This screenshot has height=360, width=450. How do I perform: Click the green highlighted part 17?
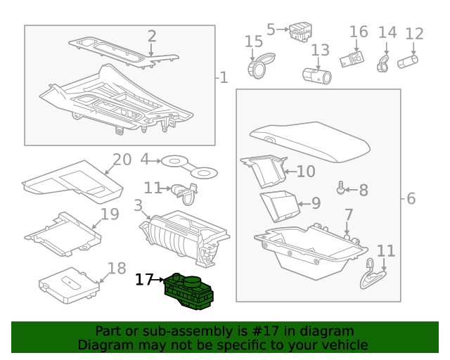[188, 290]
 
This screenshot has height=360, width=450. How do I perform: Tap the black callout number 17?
[143, 280]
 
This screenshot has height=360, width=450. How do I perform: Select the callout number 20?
[122, 160]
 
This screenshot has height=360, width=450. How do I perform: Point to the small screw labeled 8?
[342, 188]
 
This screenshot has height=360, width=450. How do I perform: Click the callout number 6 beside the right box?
[411, 199]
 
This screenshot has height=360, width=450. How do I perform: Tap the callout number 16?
[359, 32]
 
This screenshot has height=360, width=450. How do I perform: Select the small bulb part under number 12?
[409, 63]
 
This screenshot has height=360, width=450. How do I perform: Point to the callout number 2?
[152, 37]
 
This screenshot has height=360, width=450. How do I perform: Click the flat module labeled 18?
[69, 288]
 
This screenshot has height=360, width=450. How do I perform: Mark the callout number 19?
[110, 214]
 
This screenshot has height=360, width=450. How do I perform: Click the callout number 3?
[139, 206]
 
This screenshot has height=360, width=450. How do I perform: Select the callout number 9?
[316, 204]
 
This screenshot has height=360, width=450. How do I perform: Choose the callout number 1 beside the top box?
[224, 77]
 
